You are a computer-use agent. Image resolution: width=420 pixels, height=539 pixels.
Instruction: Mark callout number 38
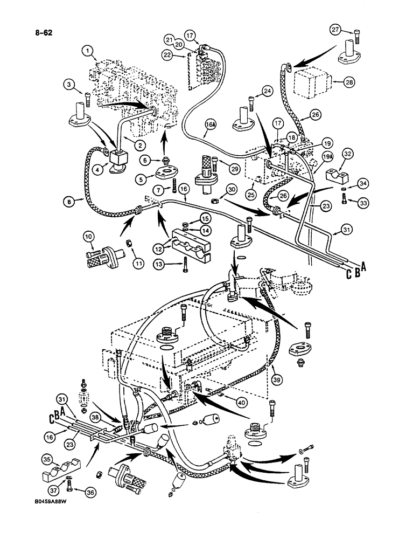click(95, 417)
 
